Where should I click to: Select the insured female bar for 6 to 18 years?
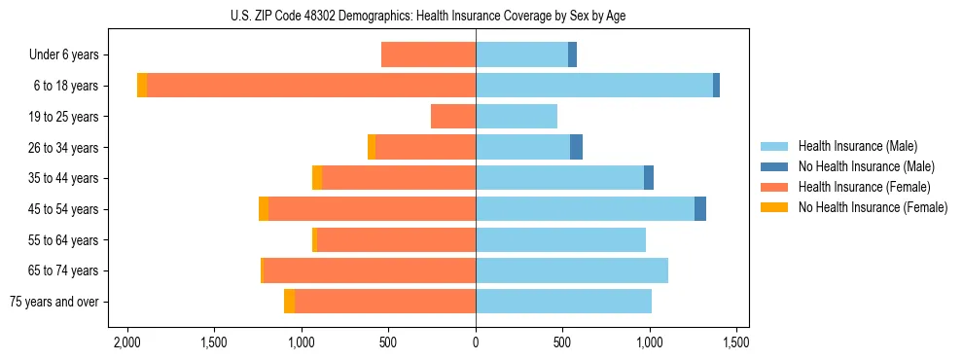[311, 86]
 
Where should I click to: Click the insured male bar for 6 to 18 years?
[594, 86]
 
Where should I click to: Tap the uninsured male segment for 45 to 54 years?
[700, 209]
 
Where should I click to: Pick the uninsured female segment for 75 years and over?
[289, 302]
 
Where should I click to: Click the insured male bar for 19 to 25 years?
[517, 117]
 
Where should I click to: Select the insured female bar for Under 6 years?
[428, 54]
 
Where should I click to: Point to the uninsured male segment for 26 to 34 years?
[576, 147]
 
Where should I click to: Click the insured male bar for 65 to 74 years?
[572, 270]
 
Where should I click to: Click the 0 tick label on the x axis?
[476, 342]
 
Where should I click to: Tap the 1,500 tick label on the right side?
[736, 342]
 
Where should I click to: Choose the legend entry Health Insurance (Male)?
[857, 146]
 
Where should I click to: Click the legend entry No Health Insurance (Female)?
[873, 207]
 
